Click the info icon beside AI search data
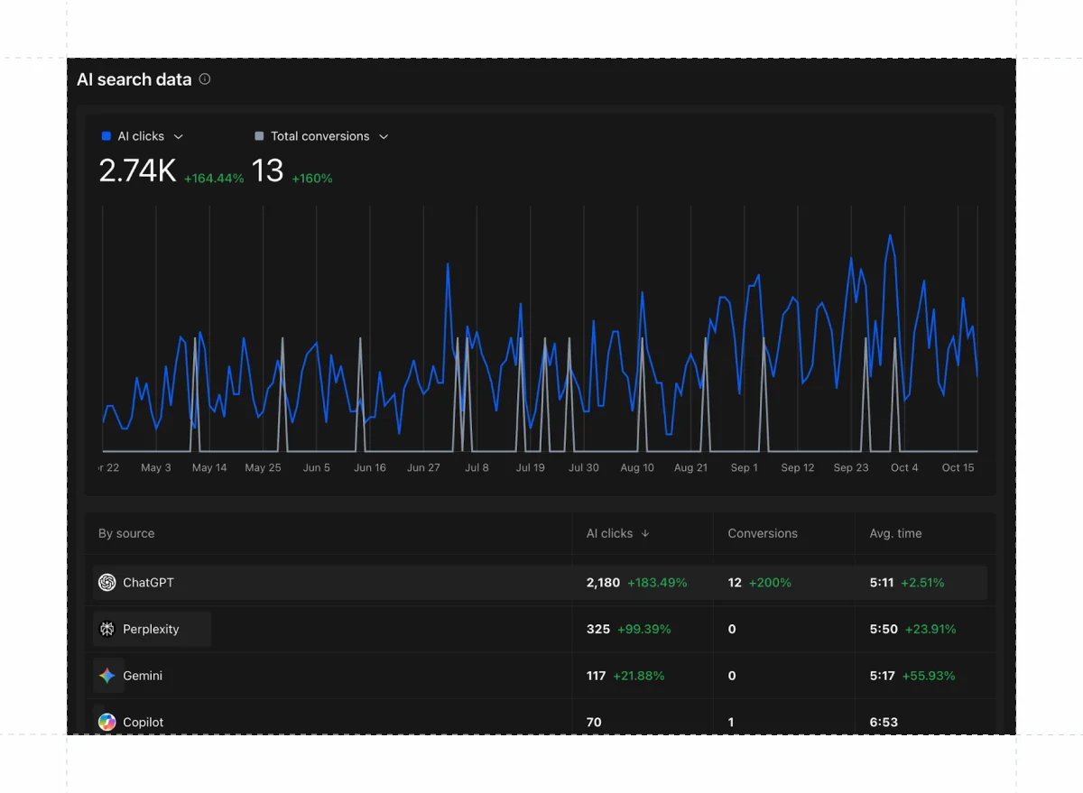(205, 79)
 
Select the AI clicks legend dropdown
(178, 137)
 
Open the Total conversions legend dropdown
(384, 137)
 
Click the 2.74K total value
(137, 171)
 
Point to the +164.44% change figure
(214, 179)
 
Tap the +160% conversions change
(312, 179)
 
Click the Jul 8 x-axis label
(477, 467)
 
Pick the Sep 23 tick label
(850, 467)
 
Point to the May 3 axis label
(156, 467)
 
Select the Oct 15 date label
(958, 467)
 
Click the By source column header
(126, 533)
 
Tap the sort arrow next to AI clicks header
(645, 533)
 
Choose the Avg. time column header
(895, 533)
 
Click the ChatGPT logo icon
(107, 583)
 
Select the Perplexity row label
(151, 629)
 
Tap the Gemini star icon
(107, 676)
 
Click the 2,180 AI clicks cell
(603, 583)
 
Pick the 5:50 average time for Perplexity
(884, 629)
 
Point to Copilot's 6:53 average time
(884, 722)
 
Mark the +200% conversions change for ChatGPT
(770, 583)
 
